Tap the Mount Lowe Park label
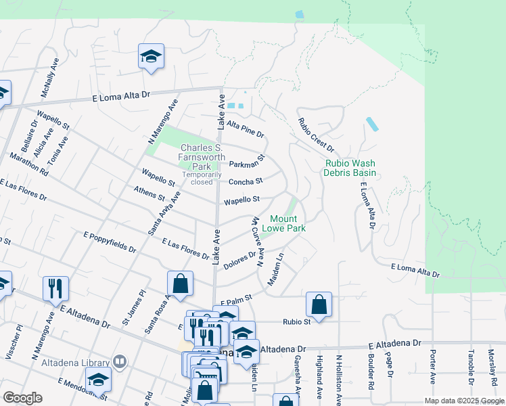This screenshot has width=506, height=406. coord(287,223)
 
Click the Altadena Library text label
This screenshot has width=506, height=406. coord(76,363)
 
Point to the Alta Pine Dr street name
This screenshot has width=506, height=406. coord(246,129)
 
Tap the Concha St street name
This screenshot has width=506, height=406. coord(245,181)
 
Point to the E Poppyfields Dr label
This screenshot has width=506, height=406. coord(110,242)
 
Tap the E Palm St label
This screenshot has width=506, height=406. coord(234,297)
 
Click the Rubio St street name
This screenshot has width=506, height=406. coord(296,322)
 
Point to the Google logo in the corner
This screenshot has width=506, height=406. coord(22,398)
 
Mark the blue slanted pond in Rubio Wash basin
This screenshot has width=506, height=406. coord(372,125)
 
